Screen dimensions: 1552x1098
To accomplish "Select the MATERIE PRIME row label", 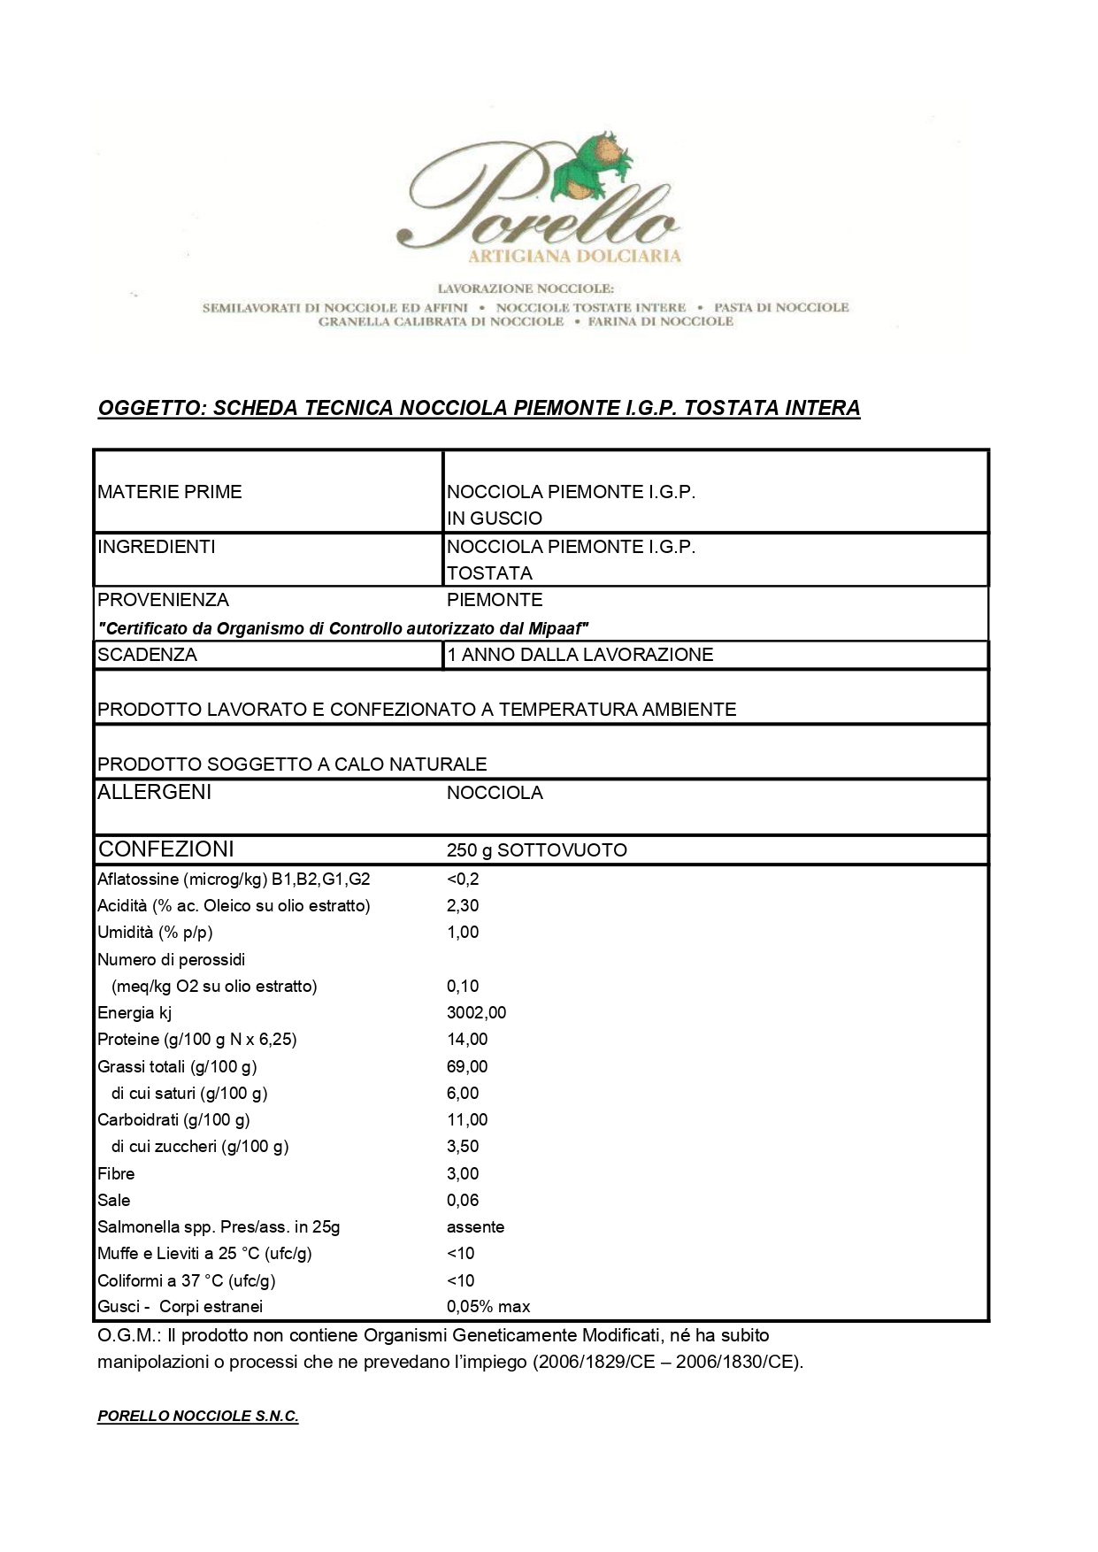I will [170, 492].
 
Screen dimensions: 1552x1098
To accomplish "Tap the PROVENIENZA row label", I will [163, 600].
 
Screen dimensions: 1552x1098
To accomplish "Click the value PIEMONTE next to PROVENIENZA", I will [495, 600].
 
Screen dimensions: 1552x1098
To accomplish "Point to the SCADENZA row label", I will [148, 655].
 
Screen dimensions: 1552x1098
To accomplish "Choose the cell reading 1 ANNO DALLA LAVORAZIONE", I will [580, 655].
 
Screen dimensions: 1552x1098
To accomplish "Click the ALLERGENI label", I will [155, 792].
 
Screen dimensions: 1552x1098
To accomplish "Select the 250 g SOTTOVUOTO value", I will [537, 850].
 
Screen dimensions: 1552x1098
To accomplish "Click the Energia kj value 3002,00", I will [477, 1012].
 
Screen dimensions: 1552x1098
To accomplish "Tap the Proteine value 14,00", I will [467, 1039].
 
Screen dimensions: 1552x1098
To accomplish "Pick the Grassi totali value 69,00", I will [467, 1066].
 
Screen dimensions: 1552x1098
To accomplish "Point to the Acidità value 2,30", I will [463, 905].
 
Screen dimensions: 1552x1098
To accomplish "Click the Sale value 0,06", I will [463, 1200].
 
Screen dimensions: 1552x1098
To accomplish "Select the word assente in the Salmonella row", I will [476, 1226].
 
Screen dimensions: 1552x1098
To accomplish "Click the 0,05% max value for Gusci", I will [488, 1306].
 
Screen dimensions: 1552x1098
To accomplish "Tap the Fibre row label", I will [116, 1173].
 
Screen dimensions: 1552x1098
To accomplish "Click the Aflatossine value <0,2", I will [463, 879].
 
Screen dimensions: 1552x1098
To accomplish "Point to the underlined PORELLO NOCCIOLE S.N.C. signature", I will [198, 1417].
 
